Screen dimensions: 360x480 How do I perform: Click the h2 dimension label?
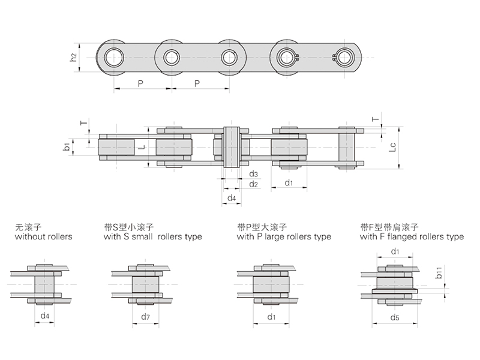(73, 58)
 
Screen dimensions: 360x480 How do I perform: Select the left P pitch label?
(140, 83)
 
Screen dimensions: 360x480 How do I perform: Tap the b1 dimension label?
(68, 145)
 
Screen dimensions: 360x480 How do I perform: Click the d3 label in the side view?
(253, 174)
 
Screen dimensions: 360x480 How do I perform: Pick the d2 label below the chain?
(253, 184)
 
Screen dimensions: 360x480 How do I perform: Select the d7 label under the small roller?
(145, 316)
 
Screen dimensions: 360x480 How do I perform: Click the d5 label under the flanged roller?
(395, 316)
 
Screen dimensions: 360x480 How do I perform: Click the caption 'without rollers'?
(43, 237)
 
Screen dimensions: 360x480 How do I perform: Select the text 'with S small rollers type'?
(152, 237)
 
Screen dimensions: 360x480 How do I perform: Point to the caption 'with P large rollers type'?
(284, 237)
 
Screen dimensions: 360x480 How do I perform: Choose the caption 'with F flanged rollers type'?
(412, 237)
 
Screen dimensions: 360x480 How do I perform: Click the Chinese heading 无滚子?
(28, 227)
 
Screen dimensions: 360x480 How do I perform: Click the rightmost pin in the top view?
(345, 58)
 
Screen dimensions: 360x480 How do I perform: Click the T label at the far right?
(376, 119)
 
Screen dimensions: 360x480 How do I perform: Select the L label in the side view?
(140, 146)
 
